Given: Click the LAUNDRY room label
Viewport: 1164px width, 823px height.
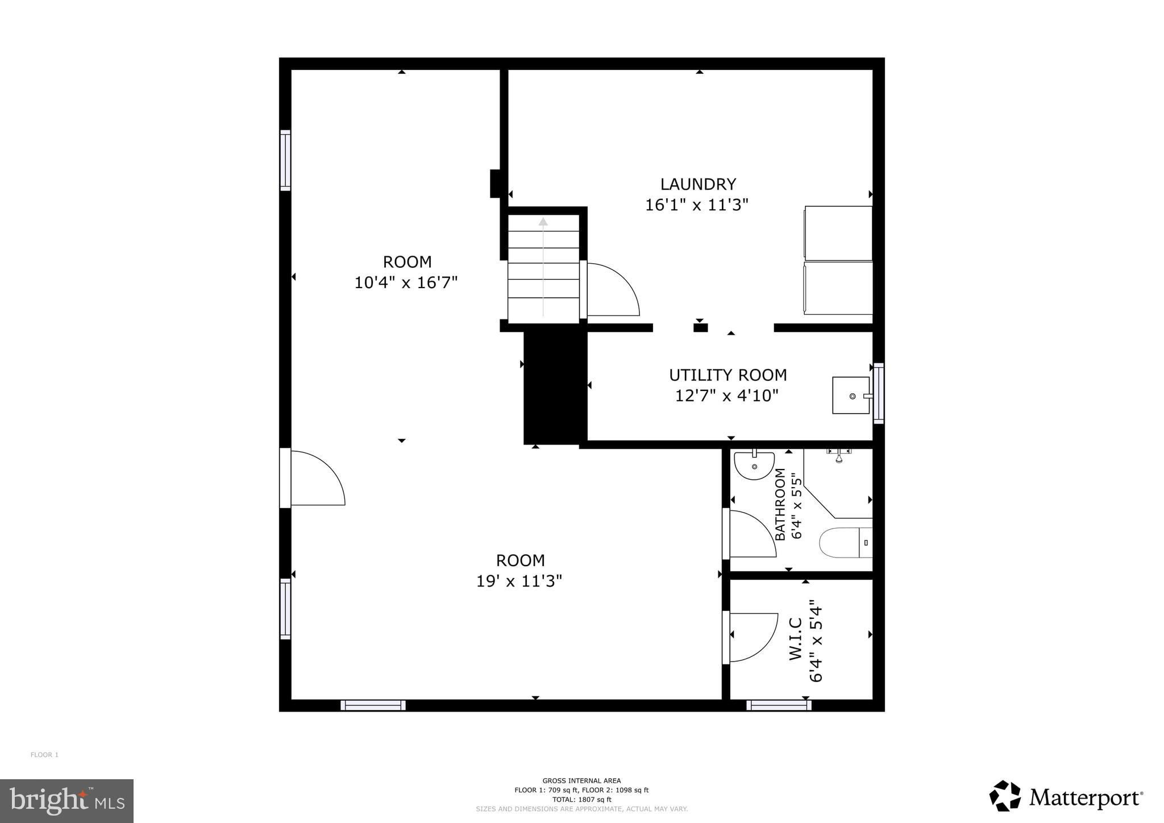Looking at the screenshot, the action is [x=698, y=184].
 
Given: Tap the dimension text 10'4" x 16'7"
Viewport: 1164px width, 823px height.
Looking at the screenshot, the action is [x=406, y=282].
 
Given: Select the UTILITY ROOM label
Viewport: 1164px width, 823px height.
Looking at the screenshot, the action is [x=727, y=375].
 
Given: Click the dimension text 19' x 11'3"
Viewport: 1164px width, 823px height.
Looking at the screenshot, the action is [x=519, y=581].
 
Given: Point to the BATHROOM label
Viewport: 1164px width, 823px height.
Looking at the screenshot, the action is [x=780, y=504].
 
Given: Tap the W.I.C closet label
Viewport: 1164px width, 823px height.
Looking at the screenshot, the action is [x=796, y=639].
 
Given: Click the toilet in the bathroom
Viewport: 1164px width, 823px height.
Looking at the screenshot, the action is [x=845, y=543].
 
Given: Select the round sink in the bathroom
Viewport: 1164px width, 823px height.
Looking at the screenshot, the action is [x=754, y=465].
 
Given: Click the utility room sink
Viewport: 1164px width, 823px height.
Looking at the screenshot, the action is [x=851, y=396].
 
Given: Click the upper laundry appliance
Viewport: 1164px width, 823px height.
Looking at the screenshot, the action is [x=838, y=233].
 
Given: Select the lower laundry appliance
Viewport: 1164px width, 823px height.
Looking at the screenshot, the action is [x=838, y=288].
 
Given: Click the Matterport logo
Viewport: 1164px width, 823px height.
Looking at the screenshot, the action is [x=1066, y=796].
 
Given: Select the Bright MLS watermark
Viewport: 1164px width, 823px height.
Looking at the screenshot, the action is [x=67, y=801].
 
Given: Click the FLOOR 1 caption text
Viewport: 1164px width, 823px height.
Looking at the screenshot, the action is [x=44, y=755].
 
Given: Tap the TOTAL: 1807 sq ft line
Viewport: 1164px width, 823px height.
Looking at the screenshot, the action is [x=581, y=799].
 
